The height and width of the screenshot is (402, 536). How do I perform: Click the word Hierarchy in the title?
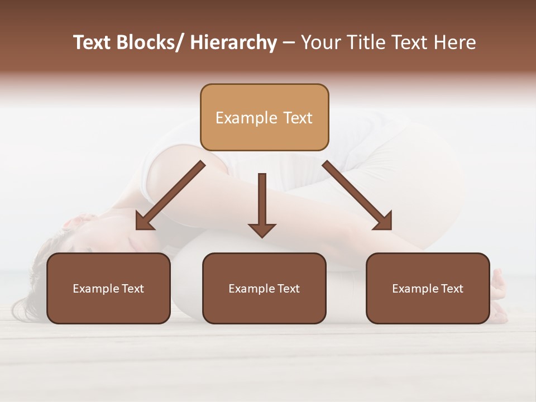(x=233, y=43)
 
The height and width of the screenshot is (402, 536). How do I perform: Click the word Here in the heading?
(x=454, y=43)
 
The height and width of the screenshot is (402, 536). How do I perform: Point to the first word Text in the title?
(x=92, y=43)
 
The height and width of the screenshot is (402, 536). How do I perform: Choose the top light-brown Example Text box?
(x=264, y=117)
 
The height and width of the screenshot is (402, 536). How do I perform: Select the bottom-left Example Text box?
(x=108, y=288)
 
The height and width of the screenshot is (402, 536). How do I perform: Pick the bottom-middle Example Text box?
(x=264, y=288)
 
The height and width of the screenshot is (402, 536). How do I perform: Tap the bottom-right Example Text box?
(x=428, y=288)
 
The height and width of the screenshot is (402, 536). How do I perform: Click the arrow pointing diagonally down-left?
(x=170, y=195)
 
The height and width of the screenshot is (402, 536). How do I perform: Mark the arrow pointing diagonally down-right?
(x=357, y=195)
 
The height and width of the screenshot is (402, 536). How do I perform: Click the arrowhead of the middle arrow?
(x=262, y=229)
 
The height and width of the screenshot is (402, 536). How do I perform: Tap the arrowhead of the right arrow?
(x=384, y=222)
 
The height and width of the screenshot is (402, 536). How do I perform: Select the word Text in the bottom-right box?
(x=451, y=288)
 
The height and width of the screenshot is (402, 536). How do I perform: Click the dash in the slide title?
(x=289, y=43)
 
